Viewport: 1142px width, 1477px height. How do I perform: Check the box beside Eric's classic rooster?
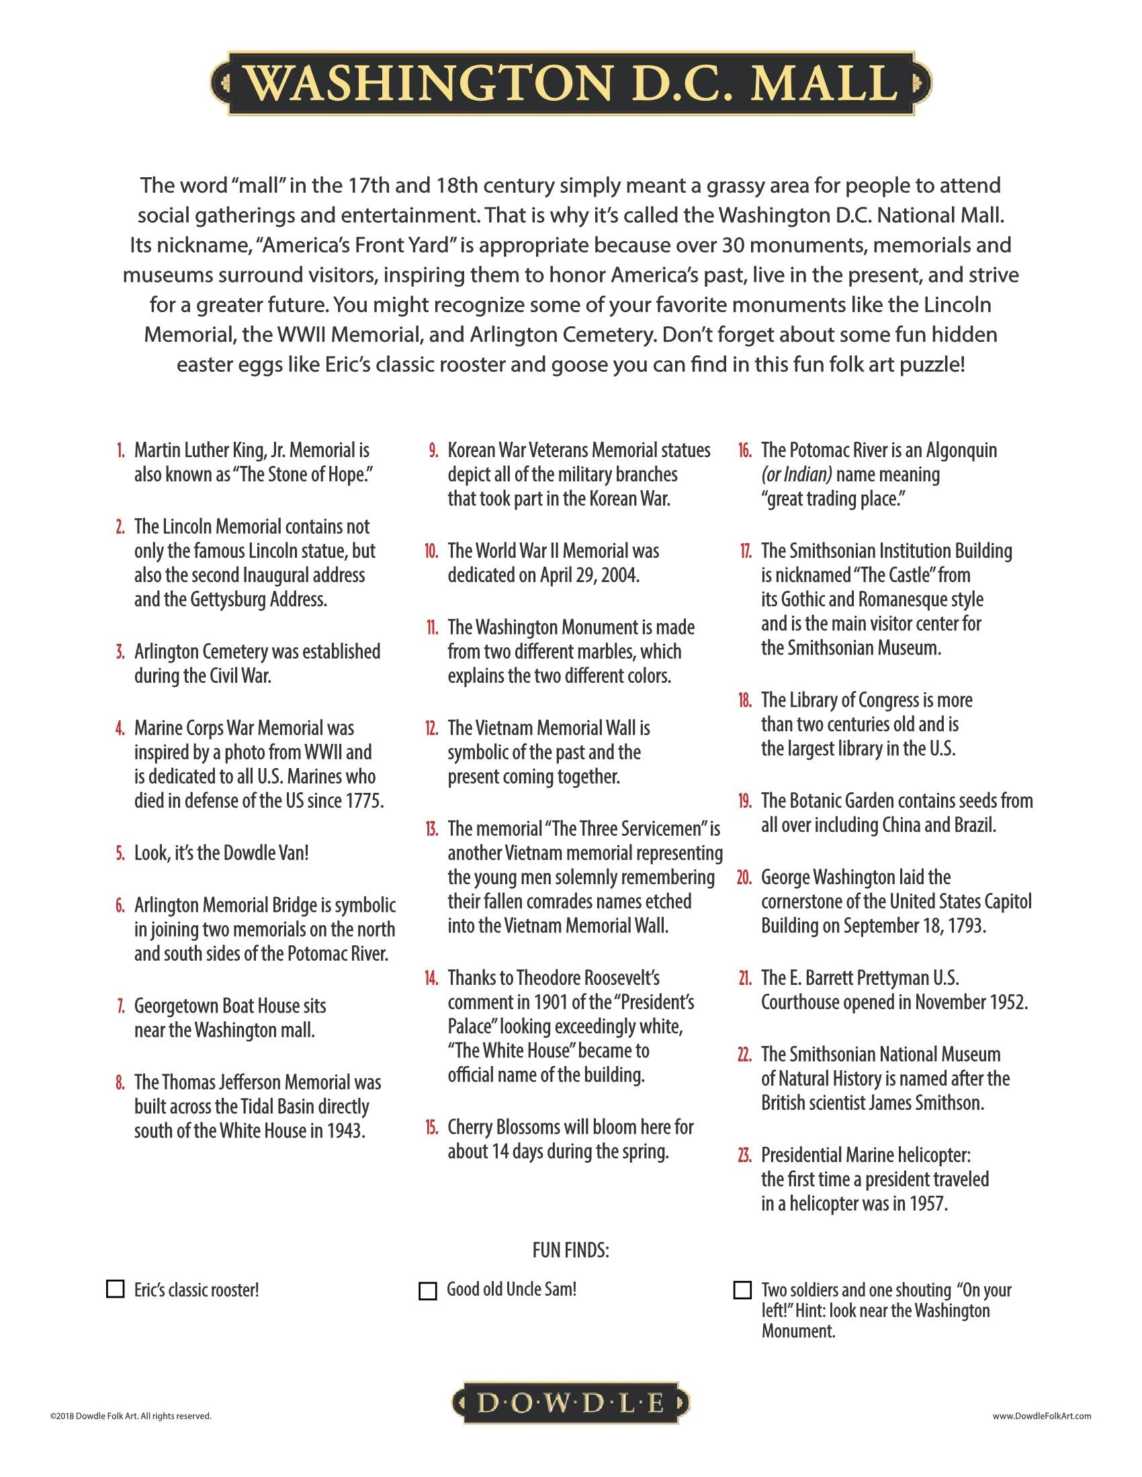click(x=116, y=1289)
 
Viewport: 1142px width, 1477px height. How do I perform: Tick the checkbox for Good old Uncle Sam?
click(x=427, y=1290)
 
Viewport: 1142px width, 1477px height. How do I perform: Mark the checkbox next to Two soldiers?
click(x=742, y=1290)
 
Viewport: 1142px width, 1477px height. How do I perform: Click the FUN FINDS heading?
click(x=571, y=1251)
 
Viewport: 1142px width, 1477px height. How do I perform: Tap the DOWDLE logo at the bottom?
click(x=571, y=1404)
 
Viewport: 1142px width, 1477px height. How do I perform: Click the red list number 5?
click(x=120, y=853)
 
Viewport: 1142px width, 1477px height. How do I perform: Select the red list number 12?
click(x=432, y=728)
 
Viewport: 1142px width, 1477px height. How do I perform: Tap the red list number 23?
click(x=745, y=1155)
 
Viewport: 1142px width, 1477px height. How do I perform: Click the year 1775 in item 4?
click(x=365, y=802)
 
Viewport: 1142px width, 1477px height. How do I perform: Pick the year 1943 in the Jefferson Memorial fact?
click(x=347, y=1131)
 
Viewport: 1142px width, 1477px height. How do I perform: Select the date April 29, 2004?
click(x=588, y=575)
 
